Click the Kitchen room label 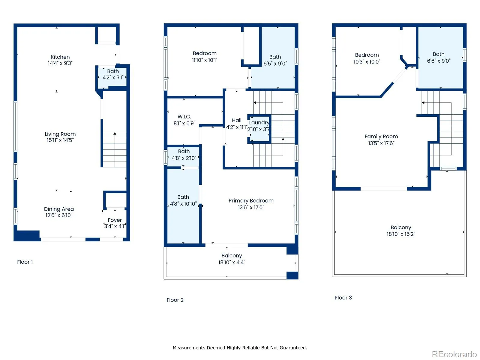pyautogui.click(x=60, y=57)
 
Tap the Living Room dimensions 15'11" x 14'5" pyautogui.click(x=60, y=140)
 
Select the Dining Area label pyautogui.click(x=59, y=209)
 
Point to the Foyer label pyautogui.click(x=115, y=220)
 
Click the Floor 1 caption pyautogui.click(x=25, y=262)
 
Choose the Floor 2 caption pyautogui.click(x=175, y=300)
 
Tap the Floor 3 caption pyautogui.click(x=343, y=298)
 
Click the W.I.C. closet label pyautogui.click(x=184, y=116)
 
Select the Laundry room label pyautogui.click(x=259, y=123)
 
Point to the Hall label pyautogui.click(x=237, y=120)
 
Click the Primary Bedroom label pyautogui.click(x=251, y=201)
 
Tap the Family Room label pyautogui.click(x=381, y=136)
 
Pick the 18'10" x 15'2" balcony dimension pyautogui.click(x=401, y=234)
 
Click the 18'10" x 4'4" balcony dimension pyautogui.click(x=232, y=262)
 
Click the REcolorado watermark pyautogui.click(x=454, y=354)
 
